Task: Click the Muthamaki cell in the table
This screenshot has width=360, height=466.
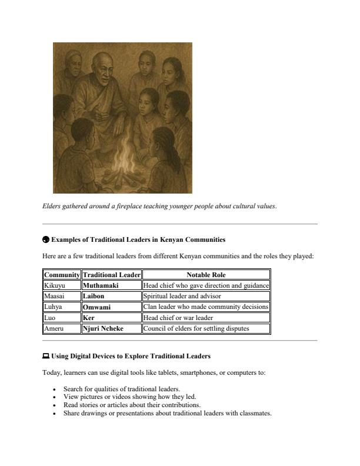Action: pyautogui.click(x=111, y=285)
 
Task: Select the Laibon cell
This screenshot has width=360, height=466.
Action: pyautogui.click(x=111, y=296)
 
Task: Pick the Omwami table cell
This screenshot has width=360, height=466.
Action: pyautogui.click(x=111, y=307)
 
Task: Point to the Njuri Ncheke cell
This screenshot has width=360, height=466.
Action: pyautogui.click(x=111, y=328)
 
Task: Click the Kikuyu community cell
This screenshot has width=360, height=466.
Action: pyautogui.click(x=62, y=285)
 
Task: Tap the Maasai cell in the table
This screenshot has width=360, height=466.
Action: pyautogui.click(x=62, y=296)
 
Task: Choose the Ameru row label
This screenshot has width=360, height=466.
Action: pyautogui.click(x=62, y=328)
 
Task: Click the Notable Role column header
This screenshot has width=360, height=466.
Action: pyautogui.click(x=206, y=275)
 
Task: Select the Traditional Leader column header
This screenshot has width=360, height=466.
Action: pyautogui.click(x=111, y=275)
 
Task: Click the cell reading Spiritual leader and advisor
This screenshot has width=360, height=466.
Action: pyautogui.click(x=206, y=296)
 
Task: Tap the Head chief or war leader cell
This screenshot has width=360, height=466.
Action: pyautogui.click(x=206, y=318)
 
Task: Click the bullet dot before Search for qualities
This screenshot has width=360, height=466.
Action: pyautogui.click(x=54, y=390)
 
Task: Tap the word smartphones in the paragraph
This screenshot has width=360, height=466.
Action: pyautogui.click(x=198, y=372)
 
